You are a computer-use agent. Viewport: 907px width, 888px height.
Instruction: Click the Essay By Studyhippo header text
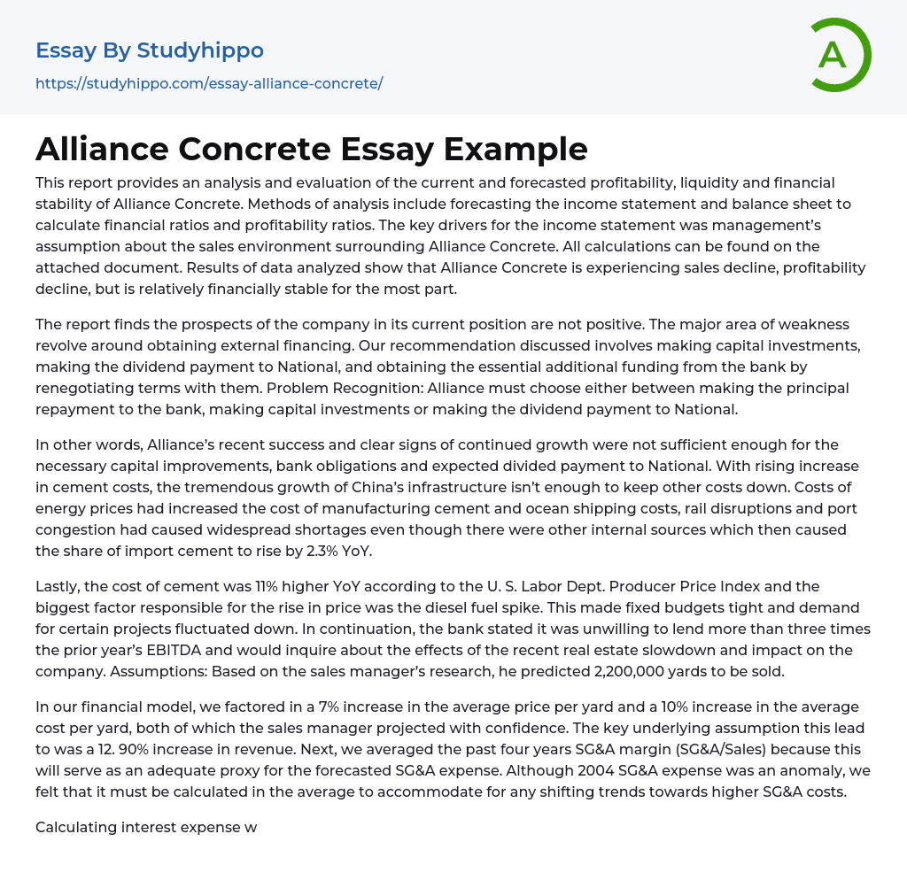click(x=150, y=50)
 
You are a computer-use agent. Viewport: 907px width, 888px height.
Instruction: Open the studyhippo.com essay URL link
click(x=209, y=84)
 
